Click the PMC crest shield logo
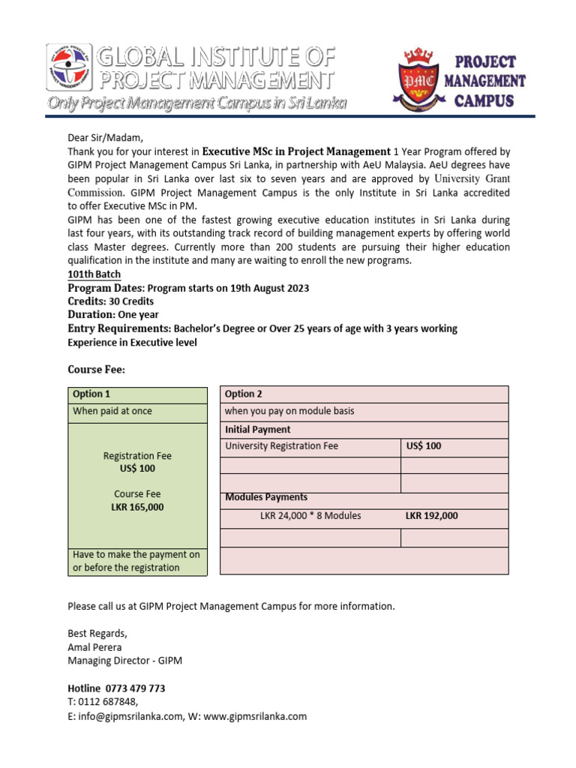(x=417, y=79)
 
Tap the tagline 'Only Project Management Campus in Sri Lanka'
(x=196, y=103)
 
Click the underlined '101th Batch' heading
(x=94, y=274)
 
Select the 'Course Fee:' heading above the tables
(x=97, y=370)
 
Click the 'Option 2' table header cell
(x=244, y=394)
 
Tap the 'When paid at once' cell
(x=112, y=411)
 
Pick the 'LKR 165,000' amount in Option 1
(x=137, y=507)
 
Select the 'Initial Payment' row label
(x=258, y=430)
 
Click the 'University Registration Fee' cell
(x=281, y=446)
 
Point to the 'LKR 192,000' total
(x=432, y=515)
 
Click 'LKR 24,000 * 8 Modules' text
(x=310, y=515)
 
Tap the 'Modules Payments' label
(x=266, y=497)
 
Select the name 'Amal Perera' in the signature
(x=94, y=647)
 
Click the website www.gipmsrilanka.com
(x=255, y=716)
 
